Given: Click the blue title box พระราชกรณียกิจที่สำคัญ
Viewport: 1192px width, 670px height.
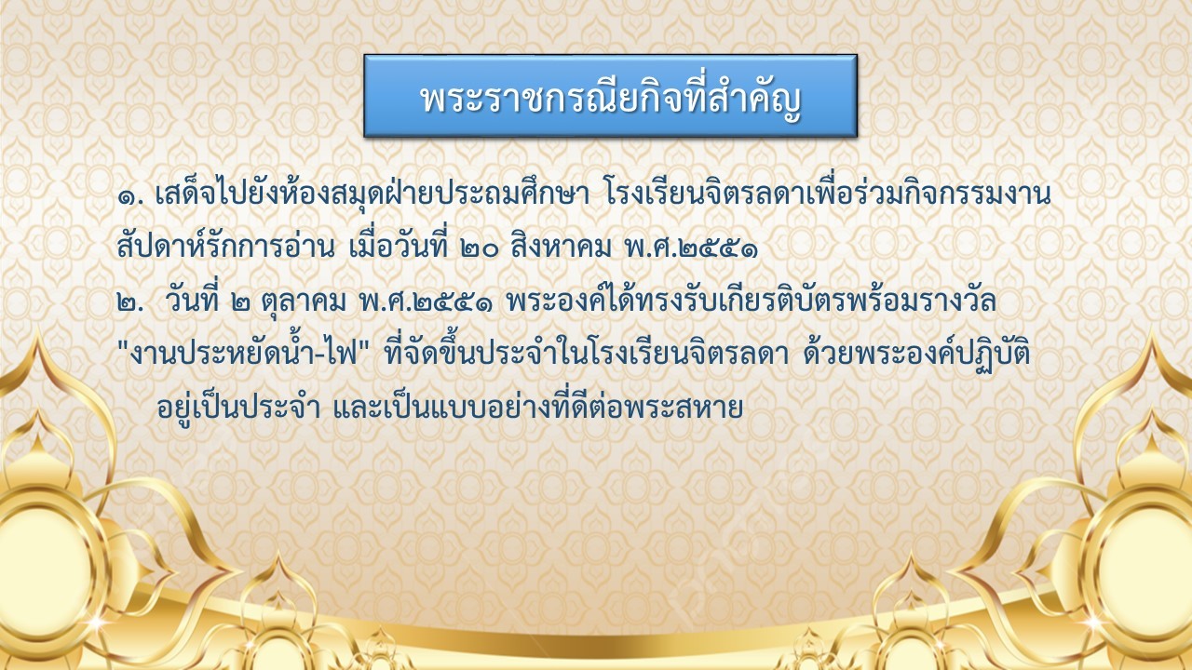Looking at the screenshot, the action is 610,96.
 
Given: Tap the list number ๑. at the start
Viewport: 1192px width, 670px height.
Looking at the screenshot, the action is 130,196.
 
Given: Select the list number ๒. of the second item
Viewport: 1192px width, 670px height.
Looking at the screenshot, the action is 130,302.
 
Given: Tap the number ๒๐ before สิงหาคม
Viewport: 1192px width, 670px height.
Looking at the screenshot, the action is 480,248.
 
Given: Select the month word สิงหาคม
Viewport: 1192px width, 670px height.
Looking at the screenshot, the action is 562,247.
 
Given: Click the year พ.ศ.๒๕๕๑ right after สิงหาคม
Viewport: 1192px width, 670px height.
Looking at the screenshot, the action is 692,248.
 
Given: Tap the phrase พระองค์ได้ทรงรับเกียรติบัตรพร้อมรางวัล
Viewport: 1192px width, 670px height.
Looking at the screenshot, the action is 751,300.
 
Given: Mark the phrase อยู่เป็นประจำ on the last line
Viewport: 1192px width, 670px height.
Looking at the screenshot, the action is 238,407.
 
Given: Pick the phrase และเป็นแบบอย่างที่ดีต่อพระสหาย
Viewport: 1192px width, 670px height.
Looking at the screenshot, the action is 538,406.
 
